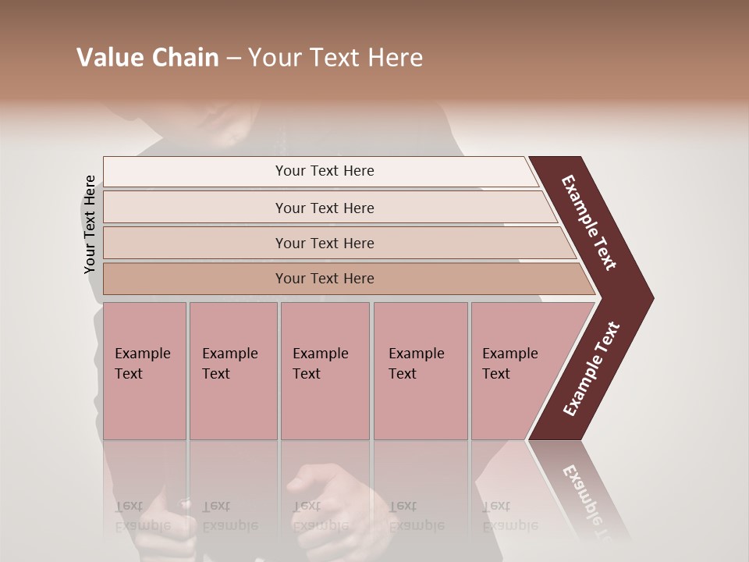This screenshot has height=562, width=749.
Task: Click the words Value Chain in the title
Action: tap(147, 58)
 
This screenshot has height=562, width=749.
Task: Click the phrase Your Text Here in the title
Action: tap(335, 58)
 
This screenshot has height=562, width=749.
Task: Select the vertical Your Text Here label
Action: tap(90, 224)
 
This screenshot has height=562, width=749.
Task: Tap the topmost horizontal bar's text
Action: tap(325, 171)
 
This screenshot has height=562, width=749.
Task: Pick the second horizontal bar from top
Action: tap(325, 208)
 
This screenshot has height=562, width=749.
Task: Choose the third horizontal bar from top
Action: tap(325, 243)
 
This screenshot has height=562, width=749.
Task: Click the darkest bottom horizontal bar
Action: tap(325, 279)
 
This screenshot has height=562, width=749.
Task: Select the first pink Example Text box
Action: tap(144, 371)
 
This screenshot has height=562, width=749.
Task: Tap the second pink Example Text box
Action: tap(233, 371)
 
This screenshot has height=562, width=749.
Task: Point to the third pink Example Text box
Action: tap(325, 371)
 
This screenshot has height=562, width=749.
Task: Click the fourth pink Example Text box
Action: tap(420, 371)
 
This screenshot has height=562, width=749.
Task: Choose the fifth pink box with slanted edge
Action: tap(515, 371)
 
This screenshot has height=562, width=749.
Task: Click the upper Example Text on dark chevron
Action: tap(589, 222)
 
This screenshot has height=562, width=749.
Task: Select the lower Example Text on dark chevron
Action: tap(591, 368)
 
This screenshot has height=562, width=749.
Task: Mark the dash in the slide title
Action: tap(233, 59)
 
